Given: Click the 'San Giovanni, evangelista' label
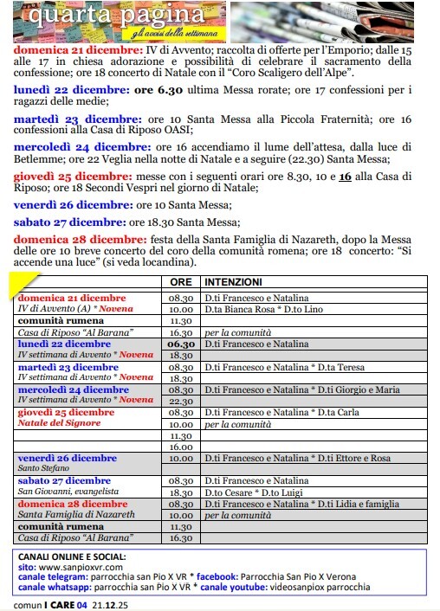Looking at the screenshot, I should point(68,492).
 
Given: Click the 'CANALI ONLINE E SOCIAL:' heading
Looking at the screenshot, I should point(72,556).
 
